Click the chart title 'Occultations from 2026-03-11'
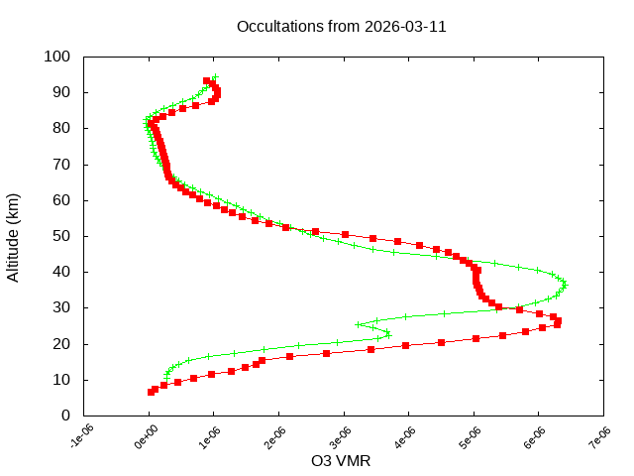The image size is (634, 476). tap(342, 27)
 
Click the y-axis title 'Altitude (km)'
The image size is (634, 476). tap(14, 235)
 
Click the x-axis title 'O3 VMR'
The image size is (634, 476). tap(341, 461)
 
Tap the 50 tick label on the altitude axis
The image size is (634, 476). tap(60, 236)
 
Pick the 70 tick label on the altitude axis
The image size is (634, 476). tap(60, 164)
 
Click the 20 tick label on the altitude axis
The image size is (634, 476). tap(60, 343)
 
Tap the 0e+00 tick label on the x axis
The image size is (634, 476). tap(145, 437)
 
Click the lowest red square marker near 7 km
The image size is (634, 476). tap(152, 392)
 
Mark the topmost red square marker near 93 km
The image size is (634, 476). tap(207, 81)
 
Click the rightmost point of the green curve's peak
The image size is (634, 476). tap(565, 286)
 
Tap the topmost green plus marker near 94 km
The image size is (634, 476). tap(214, 76)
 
